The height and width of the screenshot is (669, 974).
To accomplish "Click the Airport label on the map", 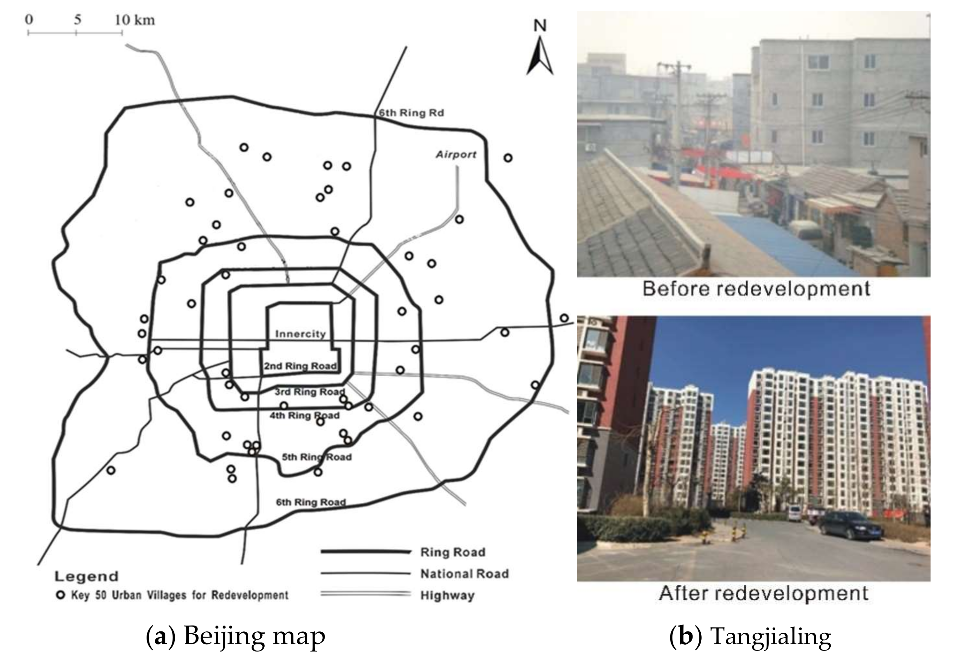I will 456,155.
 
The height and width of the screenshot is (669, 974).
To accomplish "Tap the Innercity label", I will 300,334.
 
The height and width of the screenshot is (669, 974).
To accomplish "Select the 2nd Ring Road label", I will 300,366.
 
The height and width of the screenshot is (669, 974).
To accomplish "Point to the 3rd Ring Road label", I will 309,392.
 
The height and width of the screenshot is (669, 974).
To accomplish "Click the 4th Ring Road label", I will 304,416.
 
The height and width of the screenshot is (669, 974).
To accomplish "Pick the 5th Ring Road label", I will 316,457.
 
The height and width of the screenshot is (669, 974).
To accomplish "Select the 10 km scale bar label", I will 135,20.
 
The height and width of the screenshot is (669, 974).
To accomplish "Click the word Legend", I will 86,576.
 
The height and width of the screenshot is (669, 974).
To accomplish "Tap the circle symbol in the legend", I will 61,595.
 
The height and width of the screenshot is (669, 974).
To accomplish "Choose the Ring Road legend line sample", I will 365,552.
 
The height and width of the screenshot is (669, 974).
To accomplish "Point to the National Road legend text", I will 465,574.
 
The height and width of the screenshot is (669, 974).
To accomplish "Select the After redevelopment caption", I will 763,593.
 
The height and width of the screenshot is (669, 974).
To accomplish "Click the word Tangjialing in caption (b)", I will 771,636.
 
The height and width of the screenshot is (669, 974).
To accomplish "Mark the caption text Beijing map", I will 254,636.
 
